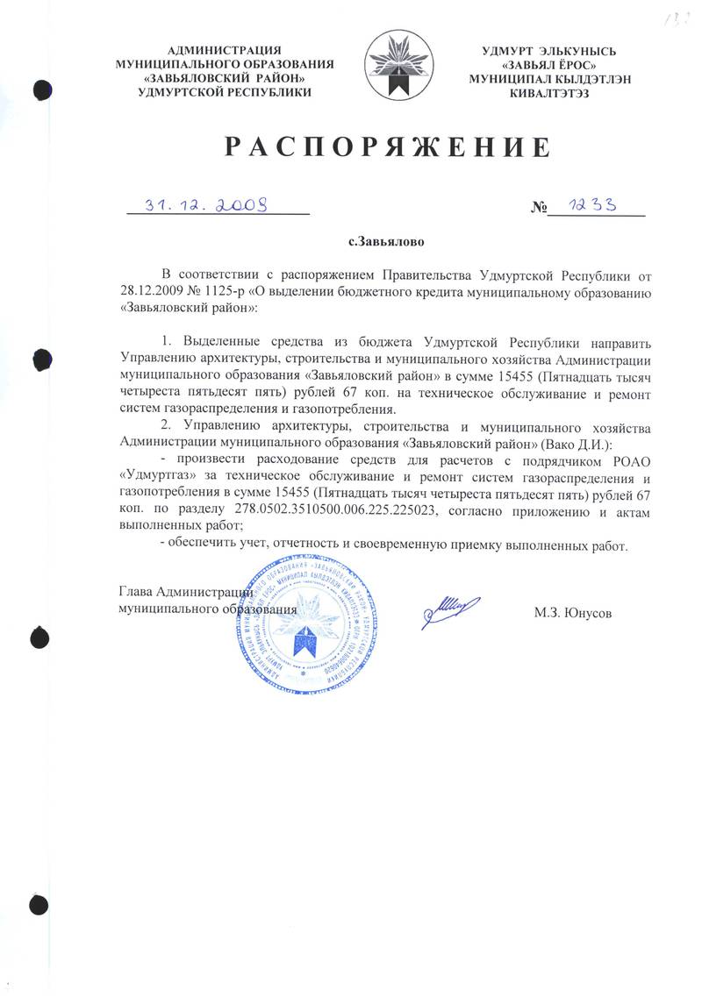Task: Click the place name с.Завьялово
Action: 386,238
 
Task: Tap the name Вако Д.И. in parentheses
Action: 576,445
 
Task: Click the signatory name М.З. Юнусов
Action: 572,611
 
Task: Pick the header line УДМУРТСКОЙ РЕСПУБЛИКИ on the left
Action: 226,93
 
